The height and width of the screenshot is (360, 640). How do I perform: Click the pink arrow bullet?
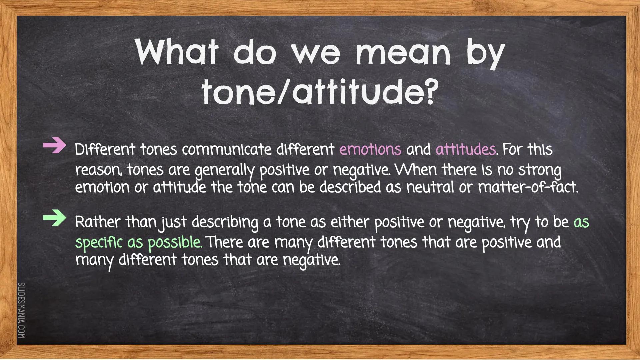coord(54,146)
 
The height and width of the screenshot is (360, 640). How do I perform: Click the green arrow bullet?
coord(54,218)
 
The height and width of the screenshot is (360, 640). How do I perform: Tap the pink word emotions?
coord(370,150)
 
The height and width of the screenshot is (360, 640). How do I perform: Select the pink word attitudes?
coord(466,150)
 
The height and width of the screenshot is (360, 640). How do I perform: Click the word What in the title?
coord(177,53)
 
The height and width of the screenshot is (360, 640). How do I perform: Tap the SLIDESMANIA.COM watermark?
coord(21,310)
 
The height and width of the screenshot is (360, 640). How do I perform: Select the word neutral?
coord(430,187)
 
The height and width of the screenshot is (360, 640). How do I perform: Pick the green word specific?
coord(99,242)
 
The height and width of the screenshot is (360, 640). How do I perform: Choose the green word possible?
coord(174,243)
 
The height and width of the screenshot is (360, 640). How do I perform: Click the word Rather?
coord(97,222)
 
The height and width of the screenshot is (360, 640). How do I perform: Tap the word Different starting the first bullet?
coord(105,150)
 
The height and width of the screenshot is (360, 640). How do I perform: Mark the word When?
coord(415,170)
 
